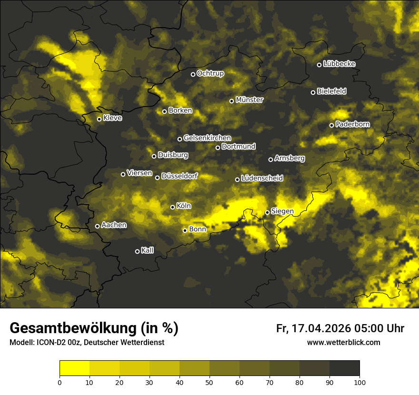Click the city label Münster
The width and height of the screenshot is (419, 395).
click(249, 100)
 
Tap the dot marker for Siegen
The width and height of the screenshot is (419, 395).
click(267, 212)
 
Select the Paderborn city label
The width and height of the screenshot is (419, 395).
click(352, 124)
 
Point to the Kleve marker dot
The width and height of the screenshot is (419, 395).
click(99, 119)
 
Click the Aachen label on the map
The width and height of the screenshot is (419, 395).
click(114, 225)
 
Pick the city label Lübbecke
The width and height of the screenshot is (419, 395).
click(339, 64)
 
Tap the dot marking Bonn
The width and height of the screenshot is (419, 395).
click(185, 230)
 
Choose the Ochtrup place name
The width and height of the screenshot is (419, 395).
click(210, 73)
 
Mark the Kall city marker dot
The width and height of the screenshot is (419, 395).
click(137, 251)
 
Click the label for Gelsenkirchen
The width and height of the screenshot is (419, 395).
click(207, 138)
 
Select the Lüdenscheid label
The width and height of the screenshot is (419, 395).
click(262, 178)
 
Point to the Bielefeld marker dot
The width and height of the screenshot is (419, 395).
click(313, 92)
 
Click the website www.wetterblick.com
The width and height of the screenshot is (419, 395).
click(343, 342)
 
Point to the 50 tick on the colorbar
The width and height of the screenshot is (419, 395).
click(209, 382)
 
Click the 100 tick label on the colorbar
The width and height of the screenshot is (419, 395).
click(359, 382)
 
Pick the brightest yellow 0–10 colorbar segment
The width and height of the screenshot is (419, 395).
click(75, 368)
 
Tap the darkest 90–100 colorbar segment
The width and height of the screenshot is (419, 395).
click(344, 368)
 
